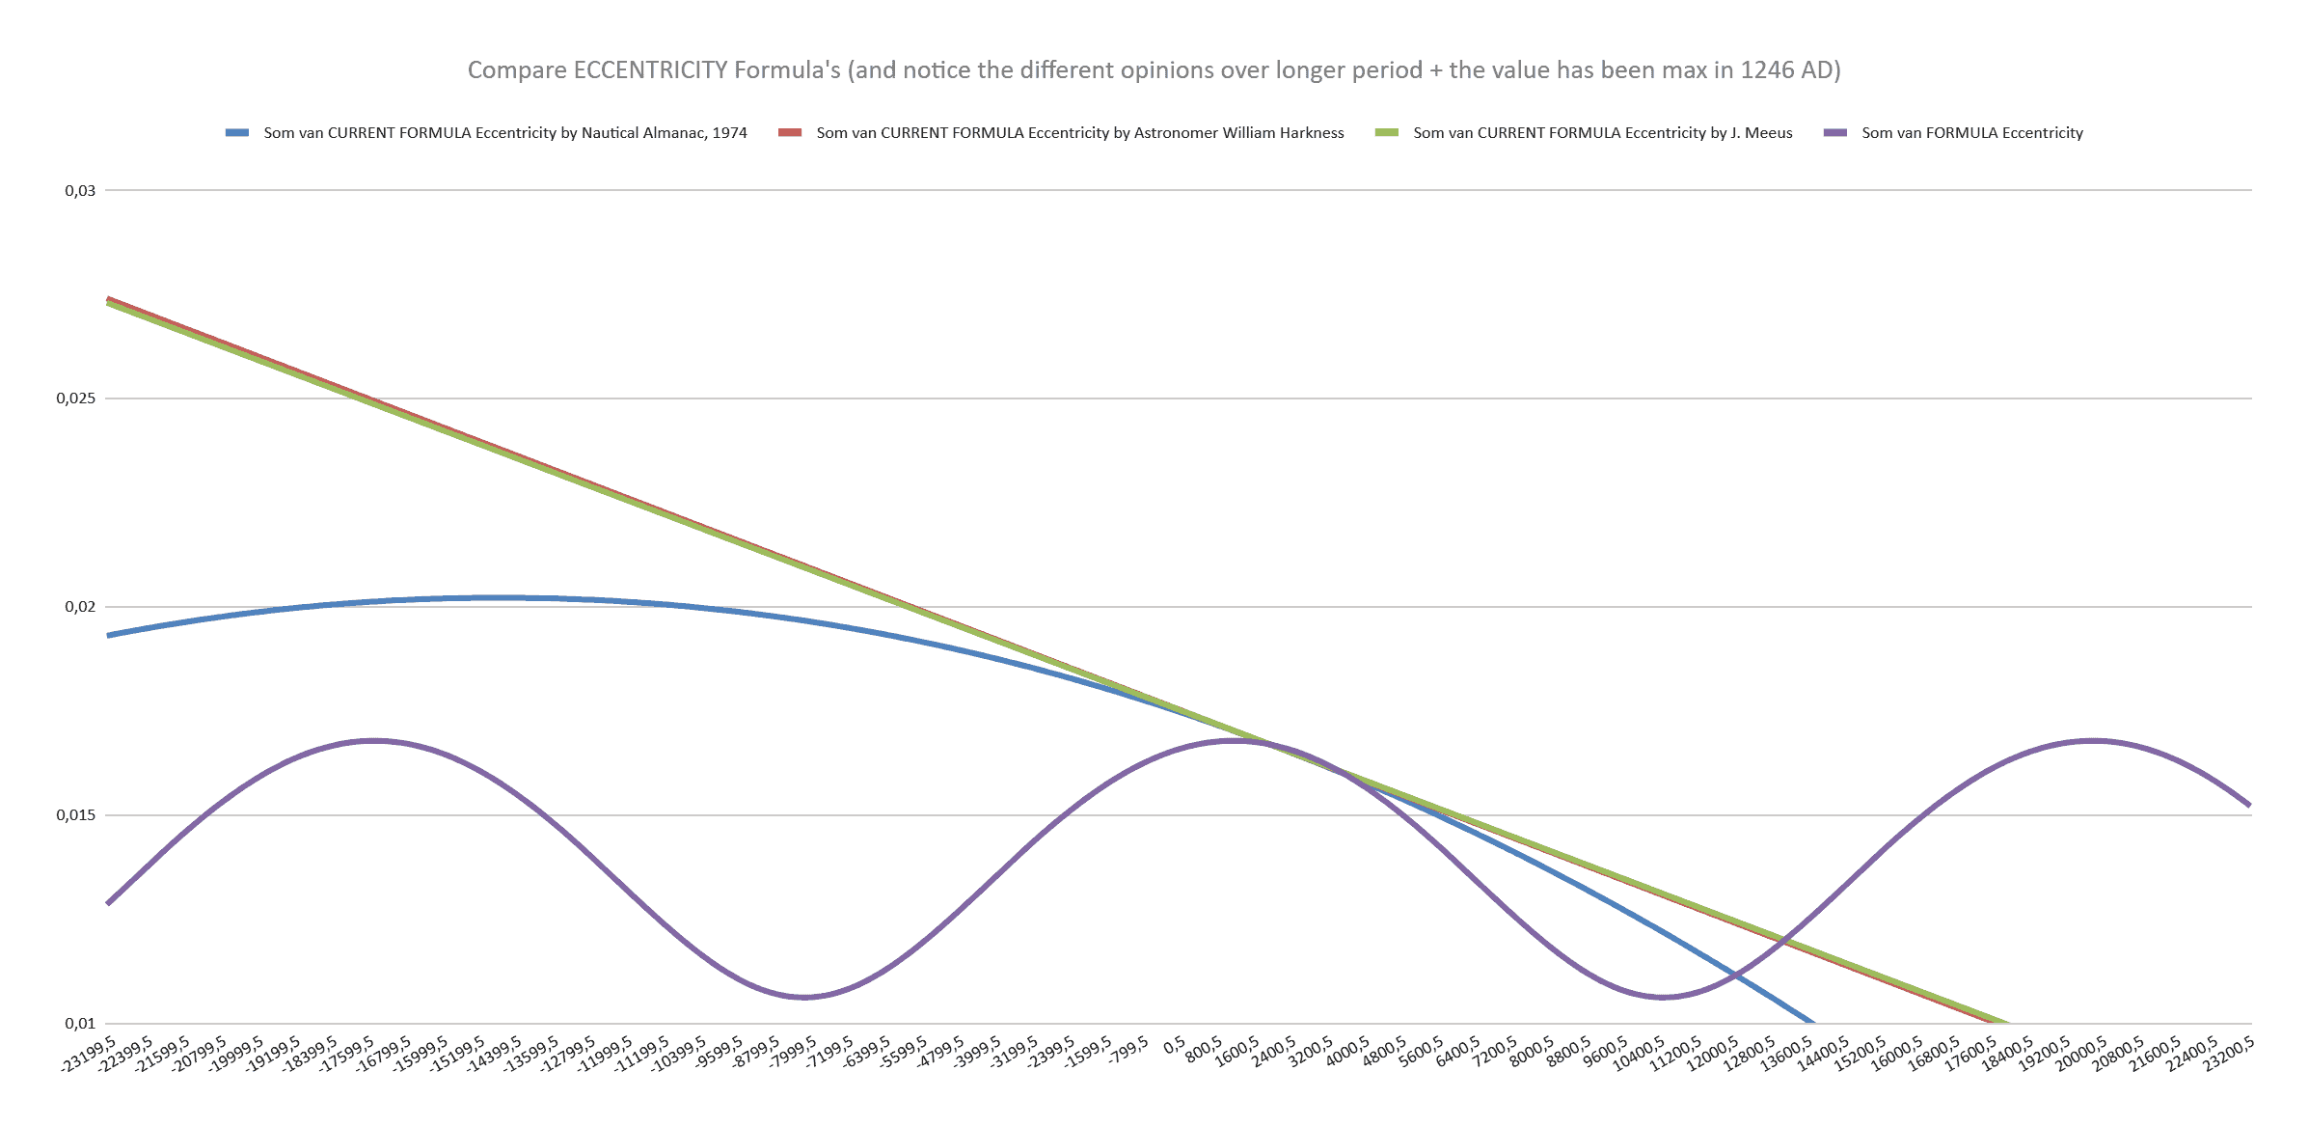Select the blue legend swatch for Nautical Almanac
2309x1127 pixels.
pyautogui.click(x=237, y=133)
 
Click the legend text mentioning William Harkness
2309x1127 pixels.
pyautogui.click(x=1079, y=133)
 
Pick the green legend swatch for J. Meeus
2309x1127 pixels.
pyautogui.click(x=1386, y=133)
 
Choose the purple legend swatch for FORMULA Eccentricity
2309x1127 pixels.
pyautogui.click(x=1834, y=133)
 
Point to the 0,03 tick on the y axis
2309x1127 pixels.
pyautogui.click(x=80, y=191)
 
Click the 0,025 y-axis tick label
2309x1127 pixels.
pyautogui.click(x=76, y=399)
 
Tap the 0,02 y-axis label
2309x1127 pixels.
pyautogui.click(x=80, y=607)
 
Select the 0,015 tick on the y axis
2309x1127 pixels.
pyautogui.click(x=76, y=815)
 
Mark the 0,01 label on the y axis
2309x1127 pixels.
pyautogui.click(x=80, y=1024)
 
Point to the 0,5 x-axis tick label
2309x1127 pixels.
pyautogui.click(x=1175, y=1045)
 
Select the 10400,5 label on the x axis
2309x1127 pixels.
pyautogui.click(x=1639, y=1054)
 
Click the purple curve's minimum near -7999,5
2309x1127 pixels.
pyautogui.click(x=804, y=998)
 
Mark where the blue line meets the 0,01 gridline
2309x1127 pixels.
pyautogui.click(x=1813, y=1023)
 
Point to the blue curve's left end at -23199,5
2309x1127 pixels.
pyautogui.click(x=108, y=636)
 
